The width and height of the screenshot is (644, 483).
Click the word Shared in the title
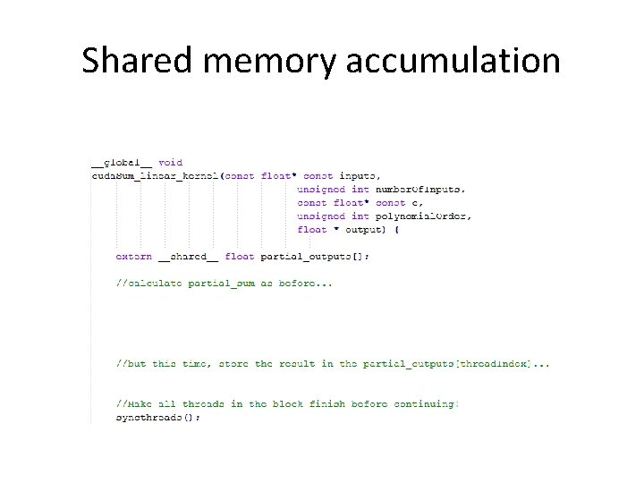point(140,61)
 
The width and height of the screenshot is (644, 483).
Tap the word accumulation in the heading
point(453,61)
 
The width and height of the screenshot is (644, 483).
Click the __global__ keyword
point(122,163)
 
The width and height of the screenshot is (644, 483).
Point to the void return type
point(170,163)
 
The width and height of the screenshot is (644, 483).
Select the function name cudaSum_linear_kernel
point(154,176)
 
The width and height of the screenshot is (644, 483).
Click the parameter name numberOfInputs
point(420,190)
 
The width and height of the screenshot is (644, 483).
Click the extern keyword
point(134,257)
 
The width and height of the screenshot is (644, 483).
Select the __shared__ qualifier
point(189,257)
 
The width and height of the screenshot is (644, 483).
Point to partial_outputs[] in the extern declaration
point(314,257)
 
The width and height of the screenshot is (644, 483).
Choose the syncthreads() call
point(158,418)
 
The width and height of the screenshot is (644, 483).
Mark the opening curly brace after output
point(396,230)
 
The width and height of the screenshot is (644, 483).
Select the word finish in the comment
point(316,404)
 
